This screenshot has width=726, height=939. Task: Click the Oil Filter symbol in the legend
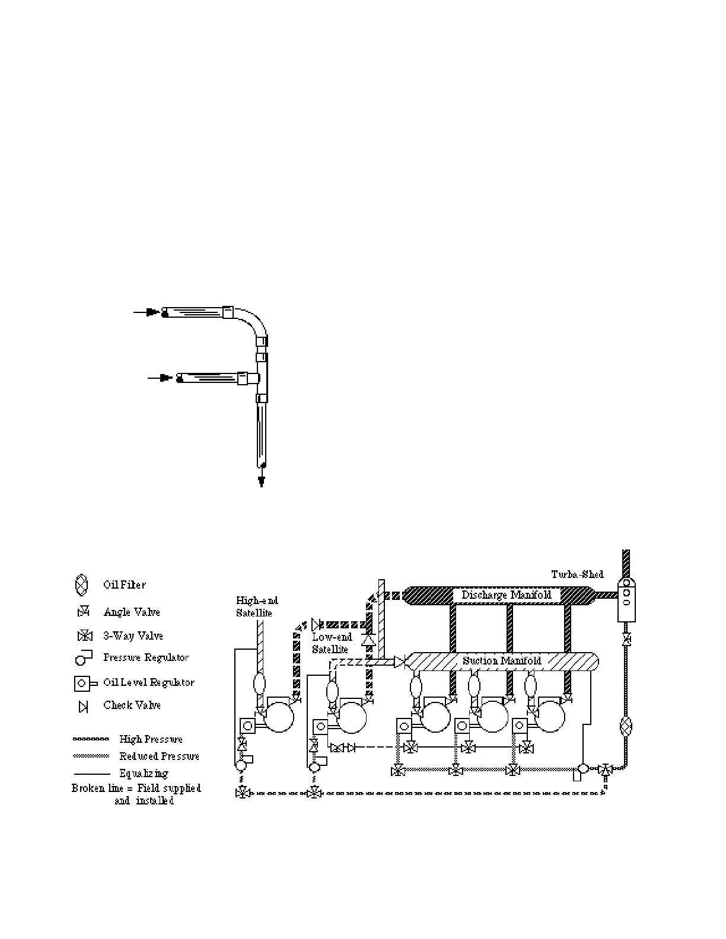coord(82,585)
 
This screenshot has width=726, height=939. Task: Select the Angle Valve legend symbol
coord(84,612)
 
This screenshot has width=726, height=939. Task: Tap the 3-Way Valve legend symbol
coord(85,636)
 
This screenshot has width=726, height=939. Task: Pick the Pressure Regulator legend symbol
coord(84,658)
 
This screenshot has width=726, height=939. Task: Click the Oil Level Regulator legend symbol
coord(84,683)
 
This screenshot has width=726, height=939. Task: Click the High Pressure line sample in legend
coord(91,739)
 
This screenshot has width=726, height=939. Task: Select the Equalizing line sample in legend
coord(91,774)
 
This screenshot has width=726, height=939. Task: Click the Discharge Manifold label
coord(506,595)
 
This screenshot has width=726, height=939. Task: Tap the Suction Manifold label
coord(502,661)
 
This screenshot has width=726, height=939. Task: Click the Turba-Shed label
coord(577,574)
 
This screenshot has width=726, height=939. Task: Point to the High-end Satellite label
coord(256,607)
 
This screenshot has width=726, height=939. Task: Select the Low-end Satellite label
coord(332,643)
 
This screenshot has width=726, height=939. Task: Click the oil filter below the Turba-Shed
coord(626,727)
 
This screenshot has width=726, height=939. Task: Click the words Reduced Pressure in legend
coord(159,756)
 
